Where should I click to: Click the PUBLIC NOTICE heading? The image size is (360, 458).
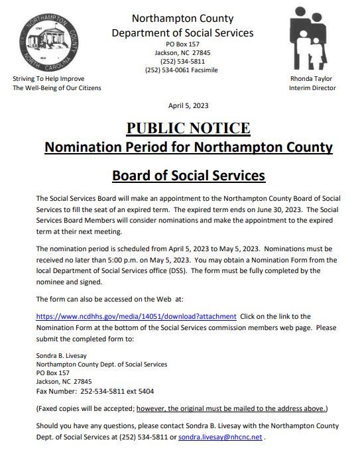click(x=188, y=128)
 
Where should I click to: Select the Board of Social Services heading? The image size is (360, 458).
click(x=188, y=176)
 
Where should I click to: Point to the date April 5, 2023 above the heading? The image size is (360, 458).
click(x=188, y=106)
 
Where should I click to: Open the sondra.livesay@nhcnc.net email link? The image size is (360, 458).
click(x=229, y=437)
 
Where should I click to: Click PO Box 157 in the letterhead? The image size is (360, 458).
click(x=182, y=44)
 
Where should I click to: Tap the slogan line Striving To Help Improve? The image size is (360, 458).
click(x=48, y=78)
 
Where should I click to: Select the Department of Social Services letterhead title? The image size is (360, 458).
click(x=182, y=32)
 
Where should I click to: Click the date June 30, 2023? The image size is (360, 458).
click(x=286, y=208)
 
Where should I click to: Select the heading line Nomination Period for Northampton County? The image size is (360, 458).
click(x=188, y=147)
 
